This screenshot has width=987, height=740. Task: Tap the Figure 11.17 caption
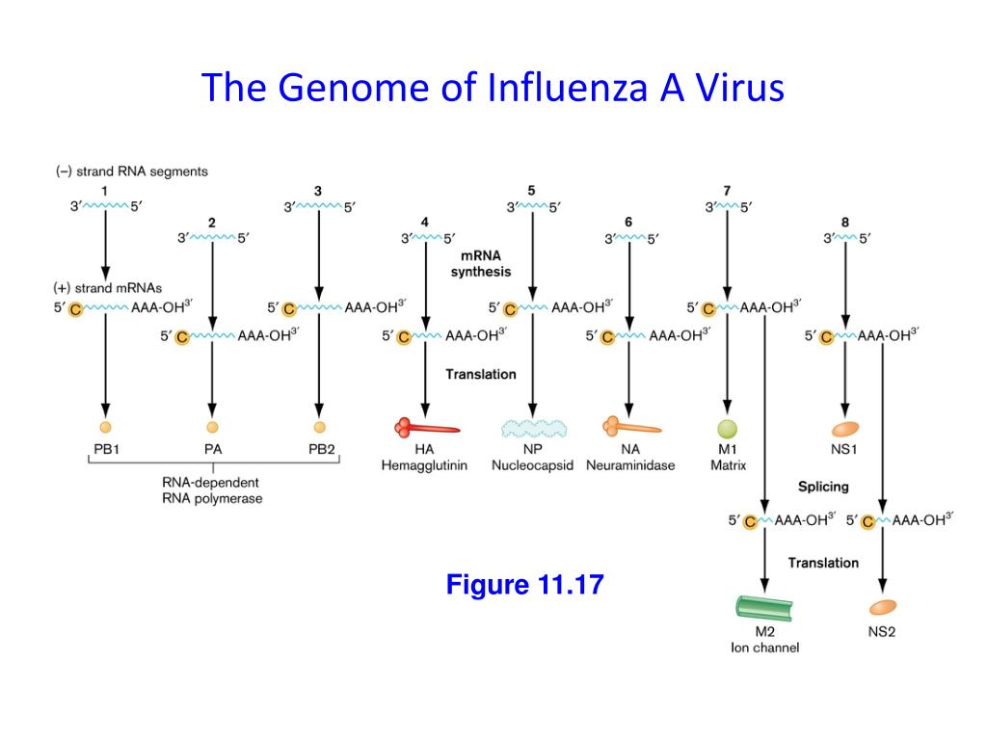point(524,584)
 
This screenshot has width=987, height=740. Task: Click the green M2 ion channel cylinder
point(764,608)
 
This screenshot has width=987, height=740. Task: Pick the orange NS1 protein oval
point(845,428)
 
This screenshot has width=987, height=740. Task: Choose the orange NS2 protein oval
point(882,607)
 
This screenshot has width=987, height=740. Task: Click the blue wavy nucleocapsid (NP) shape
point(532,428)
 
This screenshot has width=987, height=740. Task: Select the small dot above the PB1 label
point(105,426)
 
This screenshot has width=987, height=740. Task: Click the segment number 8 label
point(845,222)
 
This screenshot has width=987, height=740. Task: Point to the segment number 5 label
point(531,189)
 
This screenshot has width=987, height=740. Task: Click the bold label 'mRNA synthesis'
point(480,265)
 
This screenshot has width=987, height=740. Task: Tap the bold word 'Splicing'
point(822,488)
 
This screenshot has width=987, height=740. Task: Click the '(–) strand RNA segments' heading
point(131,172)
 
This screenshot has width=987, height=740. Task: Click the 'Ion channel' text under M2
point(764,647)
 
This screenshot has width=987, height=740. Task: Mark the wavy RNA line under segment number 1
point(105,205)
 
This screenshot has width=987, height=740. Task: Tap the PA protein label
point(212,448)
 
